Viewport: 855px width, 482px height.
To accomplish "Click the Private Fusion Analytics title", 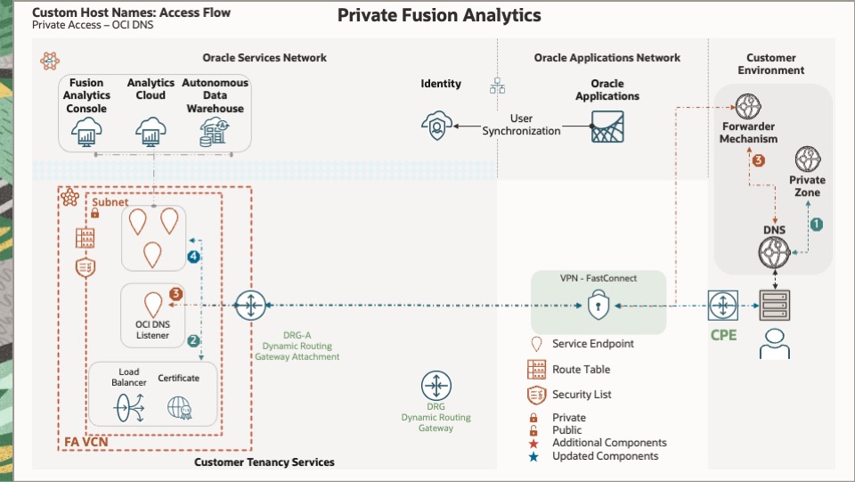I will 439,15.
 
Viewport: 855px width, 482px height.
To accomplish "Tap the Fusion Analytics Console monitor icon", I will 87,135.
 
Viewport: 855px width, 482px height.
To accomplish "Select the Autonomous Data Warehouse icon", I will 214,134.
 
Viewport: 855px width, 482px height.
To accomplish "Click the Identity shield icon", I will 436,127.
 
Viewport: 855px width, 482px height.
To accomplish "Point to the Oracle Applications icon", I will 607,127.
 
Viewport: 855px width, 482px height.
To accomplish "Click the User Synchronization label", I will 522,125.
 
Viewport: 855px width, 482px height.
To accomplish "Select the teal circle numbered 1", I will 816,225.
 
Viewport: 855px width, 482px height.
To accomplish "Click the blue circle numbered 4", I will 193,257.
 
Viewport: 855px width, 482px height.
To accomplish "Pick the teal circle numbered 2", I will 193,340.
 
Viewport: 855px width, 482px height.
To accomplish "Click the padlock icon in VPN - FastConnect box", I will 598,306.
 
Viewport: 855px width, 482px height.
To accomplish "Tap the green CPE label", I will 724,336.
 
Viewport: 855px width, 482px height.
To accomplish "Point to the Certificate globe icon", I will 179,407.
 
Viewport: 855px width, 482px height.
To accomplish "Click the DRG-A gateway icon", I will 250,306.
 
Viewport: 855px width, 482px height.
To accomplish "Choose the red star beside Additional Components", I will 533,443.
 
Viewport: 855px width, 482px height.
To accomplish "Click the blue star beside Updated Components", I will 533,456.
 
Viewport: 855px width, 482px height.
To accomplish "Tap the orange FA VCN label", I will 85,442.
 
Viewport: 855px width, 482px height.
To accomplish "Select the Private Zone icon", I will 807,160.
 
